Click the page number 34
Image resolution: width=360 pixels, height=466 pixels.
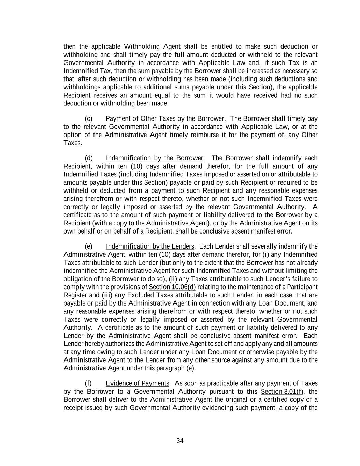tap(180, 441)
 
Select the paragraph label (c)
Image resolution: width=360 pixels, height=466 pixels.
tap(88, 118)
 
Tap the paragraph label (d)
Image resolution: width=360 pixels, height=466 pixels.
tap(89, 158)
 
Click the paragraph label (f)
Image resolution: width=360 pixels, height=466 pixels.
tap(88, 383)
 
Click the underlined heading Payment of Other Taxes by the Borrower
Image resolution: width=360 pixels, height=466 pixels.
tap(165, 118)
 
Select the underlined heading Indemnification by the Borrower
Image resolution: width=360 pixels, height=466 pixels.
tap(155, 158)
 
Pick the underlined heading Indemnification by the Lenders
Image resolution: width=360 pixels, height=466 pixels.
tap(150, 246)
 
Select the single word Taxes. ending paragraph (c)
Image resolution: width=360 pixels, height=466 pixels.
tap(73, 143)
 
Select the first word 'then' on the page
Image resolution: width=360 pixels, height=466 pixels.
tap(70, 46)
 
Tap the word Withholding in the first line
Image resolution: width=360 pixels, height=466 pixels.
tap(142, 46)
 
